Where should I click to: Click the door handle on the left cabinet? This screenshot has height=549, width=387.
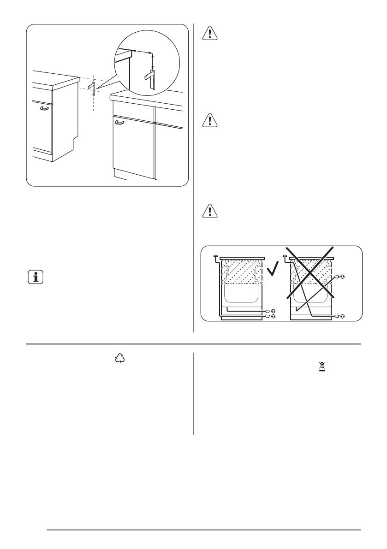[44, 108]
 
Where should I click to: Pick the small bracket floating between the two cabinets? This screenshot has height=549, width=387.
[92, 87]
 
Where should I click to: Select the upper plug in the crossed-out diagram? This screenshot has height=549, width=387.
[341, 277]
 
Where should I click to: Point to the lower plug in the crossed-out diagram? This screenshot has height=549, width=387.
[341, 316]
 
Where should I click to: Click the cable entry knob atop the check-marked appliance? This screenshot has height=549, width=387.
[215, 256]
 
